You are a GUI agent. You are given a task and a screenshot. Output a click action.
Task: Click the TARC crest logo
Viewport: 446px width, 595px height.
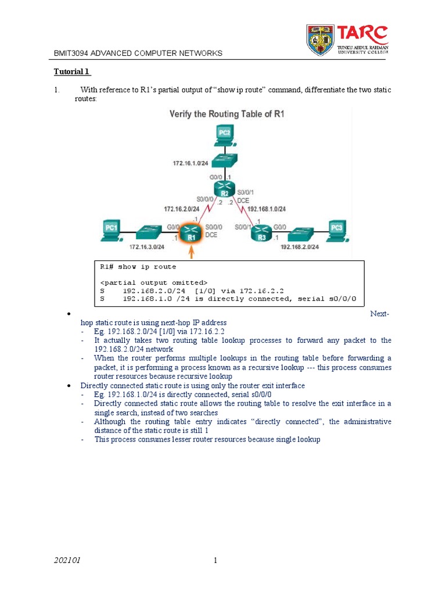pyautogui.click(x=321, y=40)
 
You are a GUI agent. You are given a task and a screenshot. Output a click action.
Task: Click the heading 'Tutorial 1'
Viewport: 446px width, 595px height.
pyautogui.click(x=73, y=72)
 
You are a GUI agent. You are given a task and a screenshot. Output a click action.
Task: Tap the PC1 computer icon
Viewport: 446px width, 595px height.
pyautogui.click(x=111, y=229)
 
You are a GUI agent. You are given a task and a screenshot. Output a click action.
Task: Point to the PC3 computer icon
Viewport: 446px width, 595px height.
pyautogui.click(x=337, y=230)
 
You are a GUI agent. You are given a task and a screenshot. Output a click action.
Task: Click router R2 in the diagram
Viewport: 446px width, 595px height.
pyautogui.click(x=224, y=189)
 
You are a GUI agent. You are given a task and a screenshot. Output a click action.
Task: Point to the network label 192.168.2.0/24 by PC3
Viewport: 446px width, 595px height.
pyautogui.click(x=300, y=246)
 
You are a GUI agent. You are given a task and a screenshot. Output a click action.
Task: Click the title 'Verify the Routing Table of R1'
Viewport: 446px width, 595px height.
pyautogui.click(x=227, y=114)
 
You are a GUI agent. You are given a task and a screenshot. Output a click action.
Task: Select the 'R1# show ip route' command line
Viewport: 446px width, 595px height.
pyautogui.click(x=138, y=267)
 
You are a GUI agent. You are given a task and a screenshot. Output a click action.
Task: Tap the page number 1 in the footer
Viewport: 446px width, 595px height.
pyautogui.click(x=215, y=561)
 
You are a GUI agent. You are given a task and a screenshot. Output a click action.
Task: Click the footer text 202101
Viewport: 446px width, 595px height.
pyautogui.click(x=67, y=561)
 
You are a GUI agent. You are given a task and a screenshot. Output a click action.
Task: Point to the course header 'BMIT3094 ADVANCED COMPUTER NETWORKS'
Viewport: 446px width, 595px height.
pyautogui.click(x=138, y=53)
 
